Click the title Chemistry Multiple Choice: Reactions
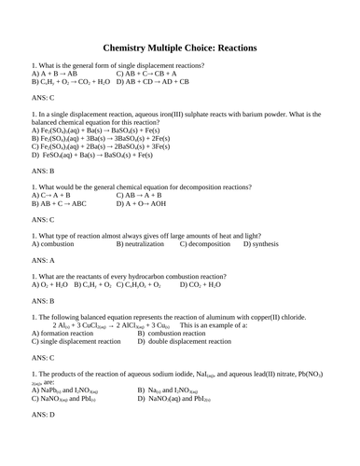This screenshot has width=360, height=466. click(x=180, y=48)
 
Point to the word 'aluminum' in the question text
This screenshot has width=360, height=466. click(x=256, y=316)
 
